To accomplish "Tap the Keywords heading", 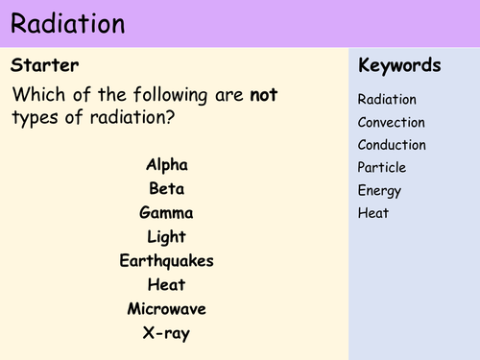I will point(399,66).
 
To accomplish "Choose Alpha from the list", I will point(167,164).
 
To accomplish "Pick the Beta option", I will point(167,188).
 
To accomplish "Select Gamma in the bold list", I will point(167,213).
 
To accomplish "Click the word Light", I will point(167,236).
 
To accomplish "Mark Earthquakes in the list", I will point(167,260).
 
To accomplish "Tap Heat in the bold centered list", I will point(167,284).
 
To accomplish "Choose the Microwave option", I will point(167,308).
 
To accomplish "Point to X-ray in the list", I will point(167,332).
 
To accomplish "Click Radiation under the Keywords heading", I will point(388,100).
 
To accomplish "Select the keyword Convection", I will point(391,123).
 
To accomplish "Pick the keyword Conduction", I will point(392,145).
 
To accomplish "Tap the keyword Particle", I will point(382,168).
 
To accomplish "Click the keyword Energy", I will point(380,190).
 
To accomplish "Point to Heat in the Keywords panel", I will point(373,213).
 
